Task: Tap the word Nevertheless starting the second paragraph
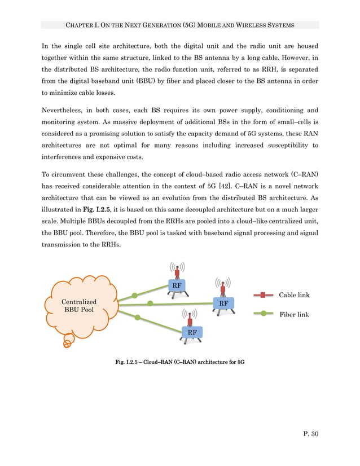click(67, 110)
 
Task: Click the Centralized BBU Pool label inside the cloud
click(79, 306)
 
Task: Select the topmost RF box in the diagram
click(177, 285)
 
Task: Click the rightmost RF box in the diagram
click(223, 304)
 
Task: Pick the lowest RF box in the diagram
click(192, 333)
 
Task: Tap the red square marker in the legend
click(263, 295)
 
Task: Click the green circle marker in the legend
click(263, 314)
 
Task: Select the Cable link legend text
click(294, 295)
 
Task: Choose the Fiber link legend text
click(294, 314)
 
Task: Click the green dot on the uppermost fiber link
click(134, 295)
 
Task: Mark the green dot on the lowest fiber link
click(137, 318)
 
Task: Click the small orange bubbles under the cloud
click(68, 341)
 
